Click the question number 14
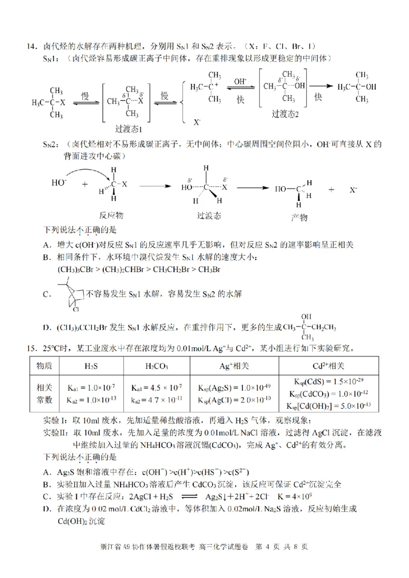32,46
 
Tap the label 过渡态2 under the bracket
285,114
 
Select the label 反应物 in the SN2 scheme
110,216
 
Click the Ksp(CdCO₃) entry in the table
329,394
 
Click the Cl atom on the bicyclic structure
75,309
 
